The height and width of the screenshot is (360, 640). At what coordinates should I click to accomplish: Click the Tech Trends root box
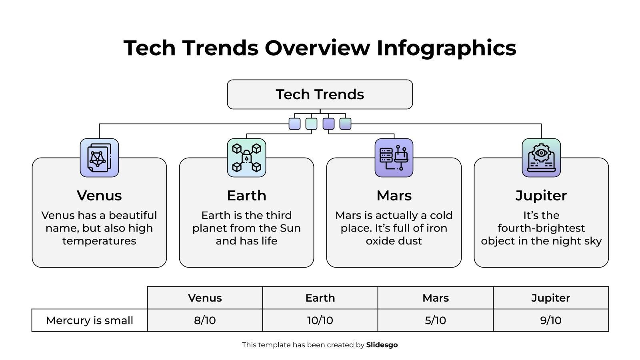tap(320, 94)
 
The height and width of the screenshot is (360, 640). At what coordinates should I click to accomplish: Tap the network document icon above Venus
tap(99, 158)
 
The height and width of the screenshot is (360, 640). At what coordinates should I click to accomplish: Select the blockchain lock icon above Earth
tap(246, 158)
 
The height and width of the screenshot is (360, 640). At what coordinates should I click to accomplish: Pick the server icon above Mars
tap(394, 158)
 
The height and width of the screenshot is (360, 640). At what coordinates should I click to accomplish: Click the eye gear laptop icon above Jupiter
tap(541, 158)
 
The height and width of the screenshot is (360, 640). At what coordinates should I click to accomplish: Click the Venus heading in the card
tap(99, 196)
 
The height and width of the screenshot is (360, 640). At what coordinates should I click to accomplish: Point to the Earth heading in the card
tap(246, 196)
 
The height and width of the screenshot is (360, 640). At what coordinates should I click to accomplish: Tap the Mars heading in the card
tap(394, 196)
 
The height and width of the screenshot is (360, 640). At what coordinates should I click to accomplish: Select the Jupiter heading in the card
tap(541, 196)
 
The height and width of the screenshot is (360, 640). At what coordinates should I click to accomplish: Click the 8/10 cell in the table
tap(205, 320)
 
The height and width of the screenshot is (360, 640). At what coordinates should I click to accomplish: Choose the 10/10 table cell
tap(320, 320)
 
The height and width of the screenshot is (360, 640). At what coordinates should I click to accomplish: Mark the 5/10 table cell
tap(435, 320)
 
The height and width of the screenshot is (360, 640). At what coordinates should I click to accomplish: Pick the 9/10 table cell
tap(551, 320)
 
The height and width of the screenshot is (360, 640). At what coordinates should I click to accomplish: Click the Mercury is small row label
tap(90, 320)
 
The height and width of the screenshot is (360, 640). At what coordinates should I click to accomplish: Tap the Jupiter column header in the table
tap(551, 298)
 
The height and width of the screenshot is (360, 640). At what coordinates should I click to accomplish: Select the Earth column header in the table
tap(320, 298)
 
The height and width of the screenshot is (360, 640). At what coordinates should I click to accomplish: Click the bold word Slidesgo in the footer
tap(382, 345)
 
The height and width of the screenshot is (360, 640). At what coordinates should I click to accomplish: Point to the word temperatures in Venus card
tap(99, 241)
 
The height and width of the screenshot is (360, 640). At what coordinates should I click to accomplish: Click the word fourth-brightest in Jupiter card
tap(541, 228)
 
